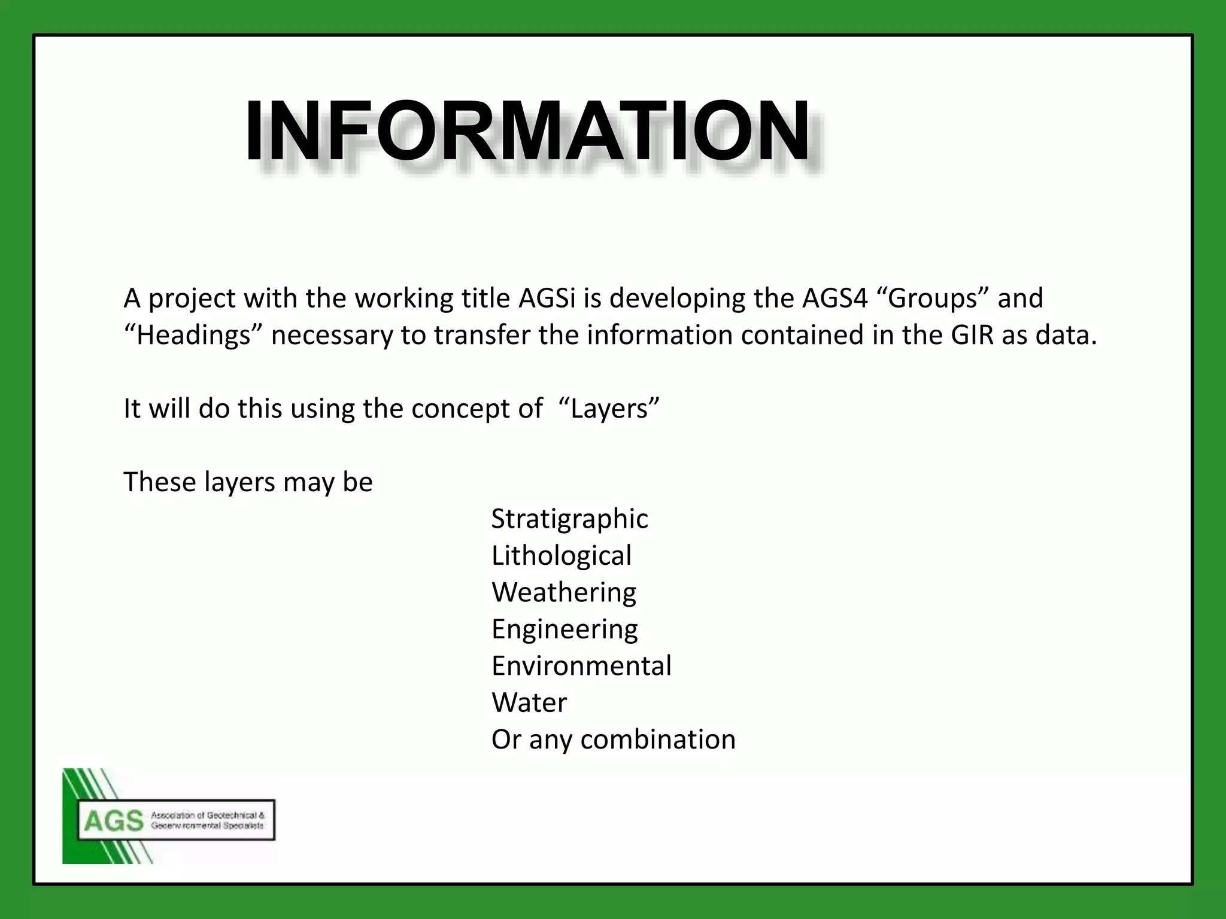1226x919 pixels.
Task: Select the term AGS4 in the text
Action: tap(834, 298)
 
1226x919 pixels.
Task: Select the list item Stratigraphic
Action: tap(569, 519)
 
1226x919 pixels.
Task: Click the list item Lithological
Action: tap(562, 556)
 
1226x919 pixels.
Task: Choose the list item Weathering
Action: tap(564, 592)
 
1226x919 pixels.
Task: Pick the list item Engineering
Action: tap(565, 629)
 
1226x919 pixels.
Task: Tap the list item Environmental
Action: tap(581, 666)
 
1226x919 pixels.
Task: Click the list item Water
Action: tap(529, 702)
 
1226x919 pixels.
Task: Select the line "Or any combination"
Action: tap(613, 740)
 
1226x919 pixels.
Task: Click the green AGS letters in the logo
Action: tap(114, 821)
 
